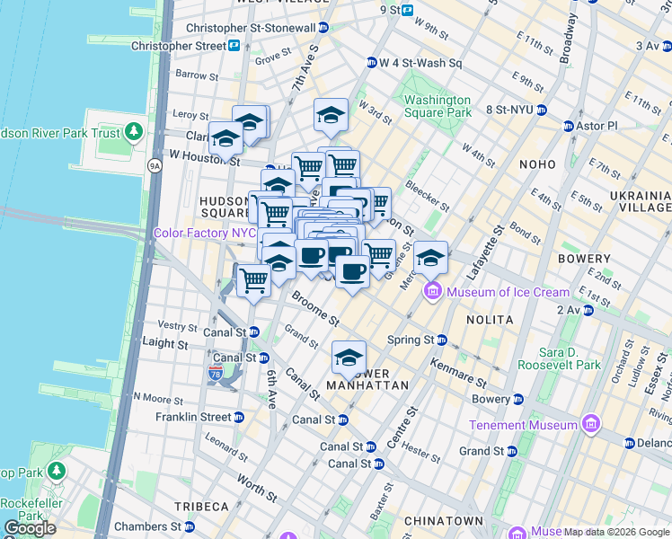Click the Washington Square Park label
pos(438,106)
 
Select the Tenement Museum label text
pos(523,425)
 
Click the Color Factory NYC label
pos(206,233)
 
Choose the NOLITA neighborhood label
pos(490,320)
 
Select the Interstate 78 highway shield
pos(215,372)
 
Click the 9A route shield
pos(154,165)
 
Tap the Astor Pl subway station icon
pos(568,126)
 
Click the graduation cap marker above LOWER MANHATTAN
pos(349,358)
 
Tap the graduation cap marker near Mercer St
pos(430,258)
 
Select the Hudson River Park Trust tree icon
pos(134,133)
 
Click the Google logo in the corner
pos(30,528)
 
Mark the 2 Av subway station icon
pos(588,310)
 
